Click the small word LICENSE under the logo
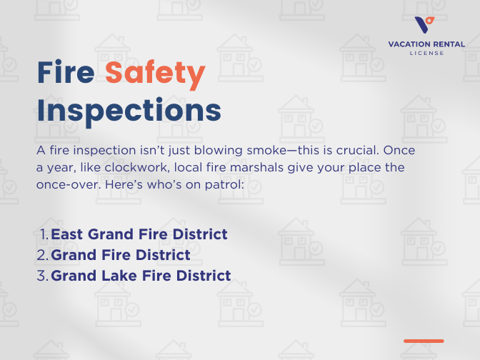[x=426, y=53]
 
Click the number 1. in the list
[x=44, y=234]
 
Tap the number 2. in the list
[x=44, y=255]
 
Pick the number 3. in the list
[x=44, y=276]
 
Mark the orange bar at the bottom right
[x=424, y=341]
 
